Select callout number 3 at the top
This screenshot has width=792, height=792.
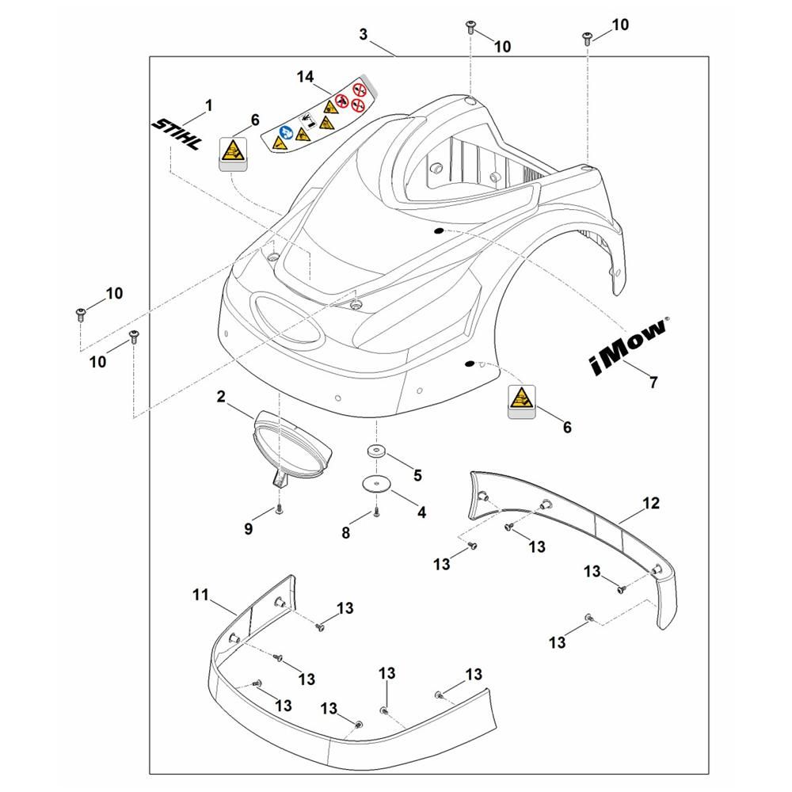pos(364,35)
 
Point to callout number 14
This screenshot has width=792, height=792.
pos(305,77)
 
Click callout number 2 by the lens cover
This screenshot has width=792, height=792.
pos(221,397)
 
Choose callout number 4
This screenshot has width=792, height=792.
pos(422,512)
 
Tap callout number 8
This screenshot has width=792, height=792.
pos(346,532)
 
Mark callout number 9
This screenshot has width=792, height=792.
pos(248,529)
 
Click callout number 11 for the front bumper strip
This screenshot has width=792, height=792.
pos(200,595)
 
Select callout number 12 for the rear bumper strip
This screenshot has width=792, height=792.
pos(651,503)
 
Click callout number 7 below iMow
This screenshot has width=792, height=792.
pos(653,383)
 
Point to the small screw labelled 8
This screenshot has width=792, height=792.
pos(375,512)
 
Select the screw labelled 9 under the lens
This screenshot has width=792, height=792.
pos(279,509)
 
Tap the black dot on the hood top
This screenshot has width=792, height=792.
pos(439,230)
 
